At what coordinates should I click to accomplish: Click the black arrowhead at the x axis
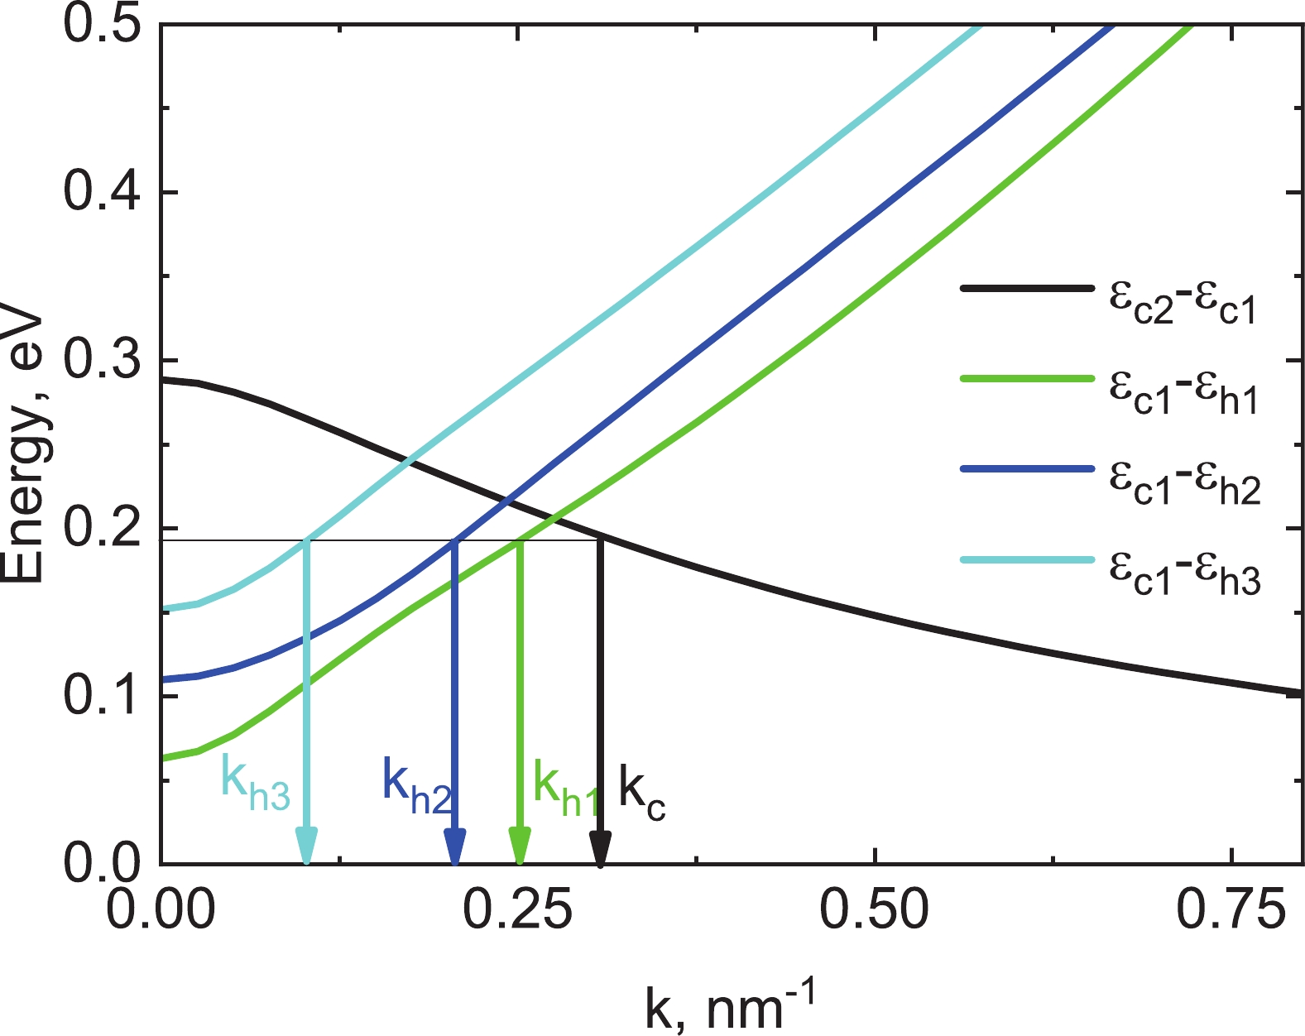coord(601,848)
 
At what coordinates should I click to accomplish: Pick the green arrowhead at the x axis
coord(519,847)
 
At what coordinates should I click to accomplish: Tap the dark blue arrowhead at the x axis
coord(454,847)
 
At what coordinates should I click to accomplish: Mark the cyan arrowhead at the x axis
coord(307,846)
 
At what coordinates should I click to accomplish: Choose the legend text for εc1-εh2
coord(1183,484)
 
